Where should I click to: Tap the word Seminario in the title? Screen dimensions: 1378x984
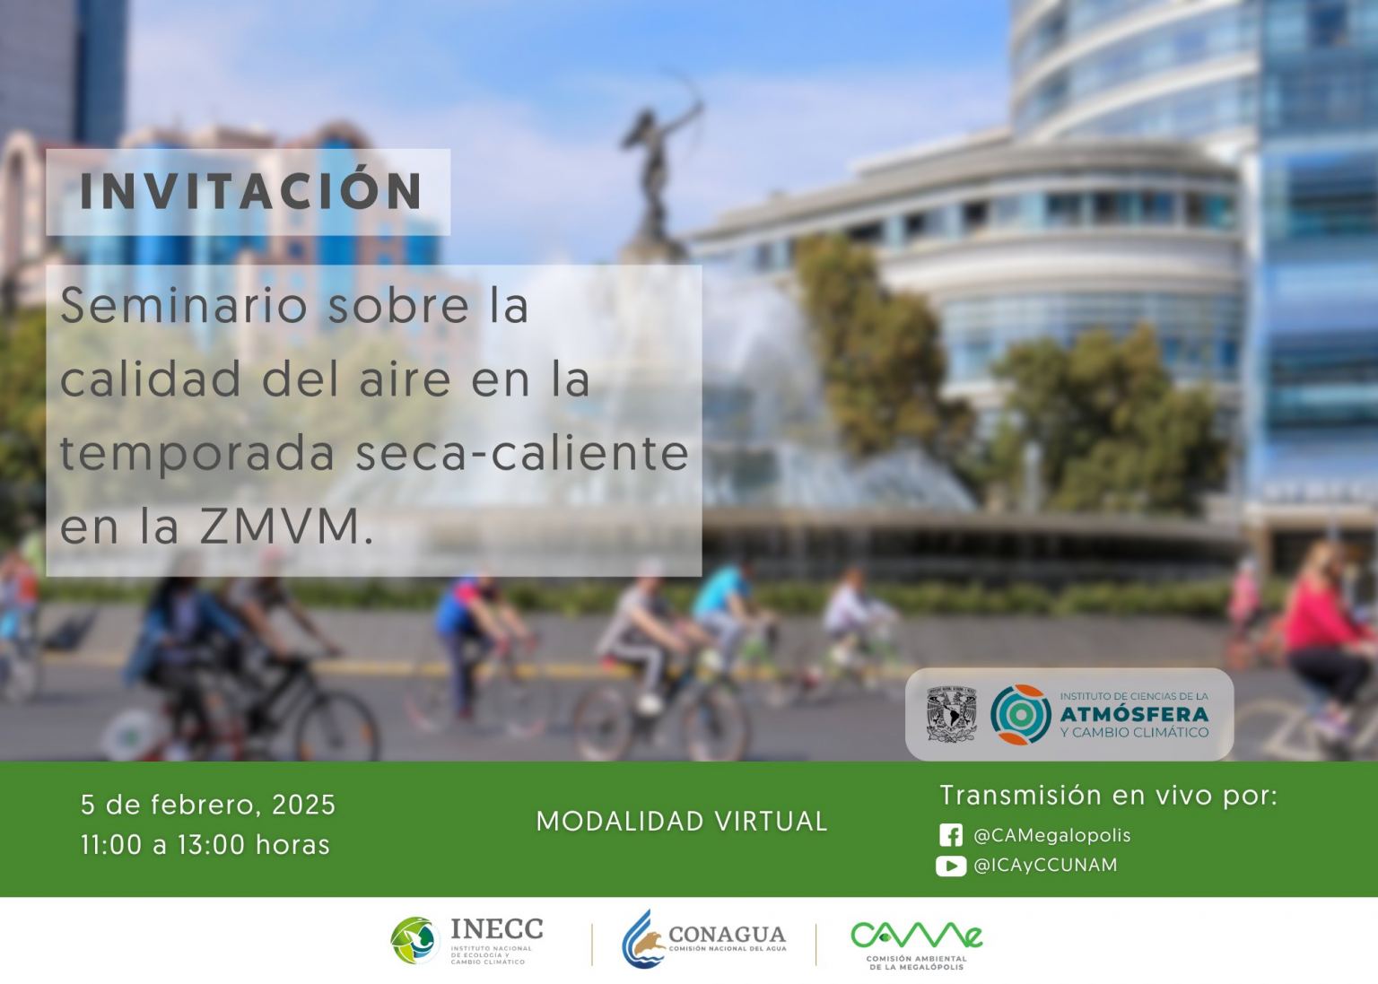click(x=184, y=306)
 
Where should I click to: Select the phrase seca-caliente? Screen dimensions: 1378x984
click(x=522, y=453)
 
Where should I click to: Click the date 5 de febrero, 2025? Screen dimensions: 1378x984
click(x=208, y=805)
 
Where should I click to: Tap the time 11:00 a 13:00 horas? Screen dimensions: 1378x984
click(x=205, y=845)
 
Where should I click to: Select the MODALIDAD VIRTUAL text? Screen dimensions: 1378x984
click(x=682, y=822)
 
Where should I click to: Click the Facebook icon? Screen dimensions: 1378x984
click(x=951, y=835)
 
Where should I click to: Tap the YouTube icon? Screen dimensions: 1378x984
click(x=951, y=866)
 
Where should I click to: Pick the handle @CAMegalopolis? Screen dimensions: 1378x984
click(x=1052, y=835)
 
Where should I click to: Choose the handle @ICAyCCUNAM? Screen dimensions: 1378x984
click(x=1045, y=866)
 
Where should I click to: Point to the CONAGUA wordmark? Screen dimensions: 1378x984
click(x=728, y=935)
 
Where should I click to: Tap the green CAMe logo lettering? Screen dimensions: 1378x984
click(x=917, y=936)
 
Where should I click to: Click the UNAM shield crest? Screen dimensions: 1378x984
click(x=951, y=714)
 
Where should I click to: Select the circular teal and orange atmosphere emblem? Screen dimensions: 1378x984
click(x=1021, y=715)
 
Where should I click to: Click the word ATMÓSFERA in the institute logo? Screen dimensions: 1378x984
click(x=1134, y=715)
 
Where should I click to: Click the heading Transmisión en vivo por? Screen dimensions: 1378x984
click(x=1109, y=796)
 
